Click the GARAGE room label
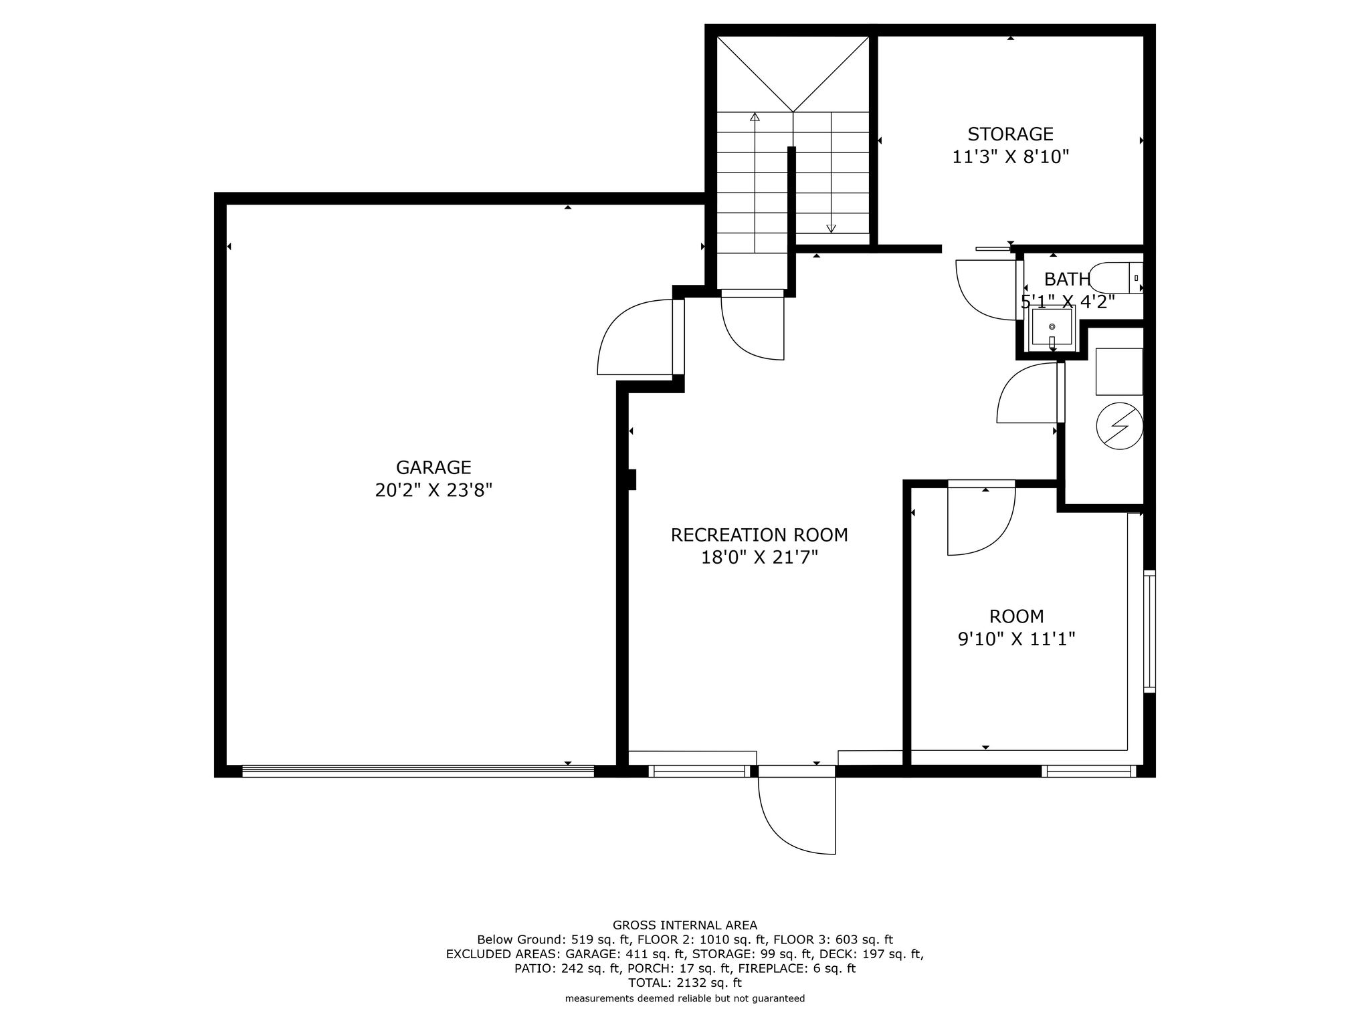tap(433, 467)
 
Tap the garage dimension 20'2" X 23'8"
tap(433, 491)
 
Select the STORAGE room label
tap(1010, 134)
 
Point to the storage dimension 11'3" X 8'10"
tap(1010, 157)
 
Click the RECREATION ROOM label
tap(759, 535)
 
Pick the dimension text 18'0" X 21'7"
tap(759, 558)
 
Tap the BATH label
tap(1067, 279)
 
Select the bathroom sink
tap(1052, 326)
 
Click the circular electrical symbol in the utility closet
tap(1119, 426)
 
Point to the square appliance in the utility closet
tap(1118, 371)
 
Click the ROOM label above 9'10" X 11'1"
tap(1016, 616)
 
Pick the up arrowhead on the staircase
tap(755, 118)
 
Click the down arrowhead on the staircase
tap(831, 228)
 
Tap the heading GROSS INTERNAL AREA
tap(685, 925)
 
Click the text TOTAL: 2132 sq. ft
tap(685, 983)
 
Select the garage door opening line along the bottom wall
tap(418, 771)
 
